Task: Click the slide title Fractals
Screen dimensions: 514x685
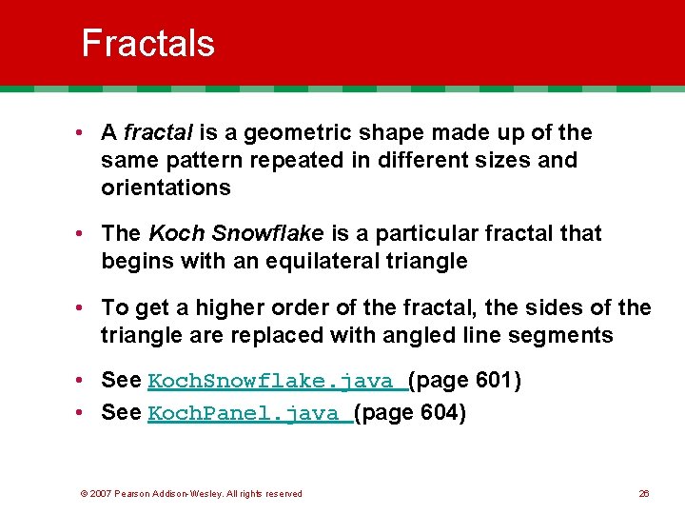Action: (x=147, y=43)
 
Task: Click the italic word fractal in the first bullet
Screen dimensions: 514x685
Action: (x=154, y=132)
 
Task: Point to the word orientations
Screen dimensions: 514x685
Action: (x=166, y=188)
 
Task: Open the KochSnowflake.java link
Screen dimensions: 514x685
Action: (x=277, y=382)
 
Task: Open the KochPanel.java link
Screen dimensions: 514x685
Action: (x=249, y=414)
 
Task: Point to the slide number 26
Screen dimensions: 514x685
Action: (x=643, y=493)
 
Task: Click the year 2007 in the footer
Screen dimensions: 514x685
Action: (x=102, y=493)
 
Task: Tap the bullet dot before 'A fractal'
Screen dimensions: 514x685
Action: (x=85, y=133)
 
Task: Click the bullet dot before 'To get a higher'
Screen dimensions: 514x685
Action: (x=85, y=307)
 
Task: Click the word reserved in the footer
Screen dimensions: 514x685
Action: (x=284, y=493)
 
